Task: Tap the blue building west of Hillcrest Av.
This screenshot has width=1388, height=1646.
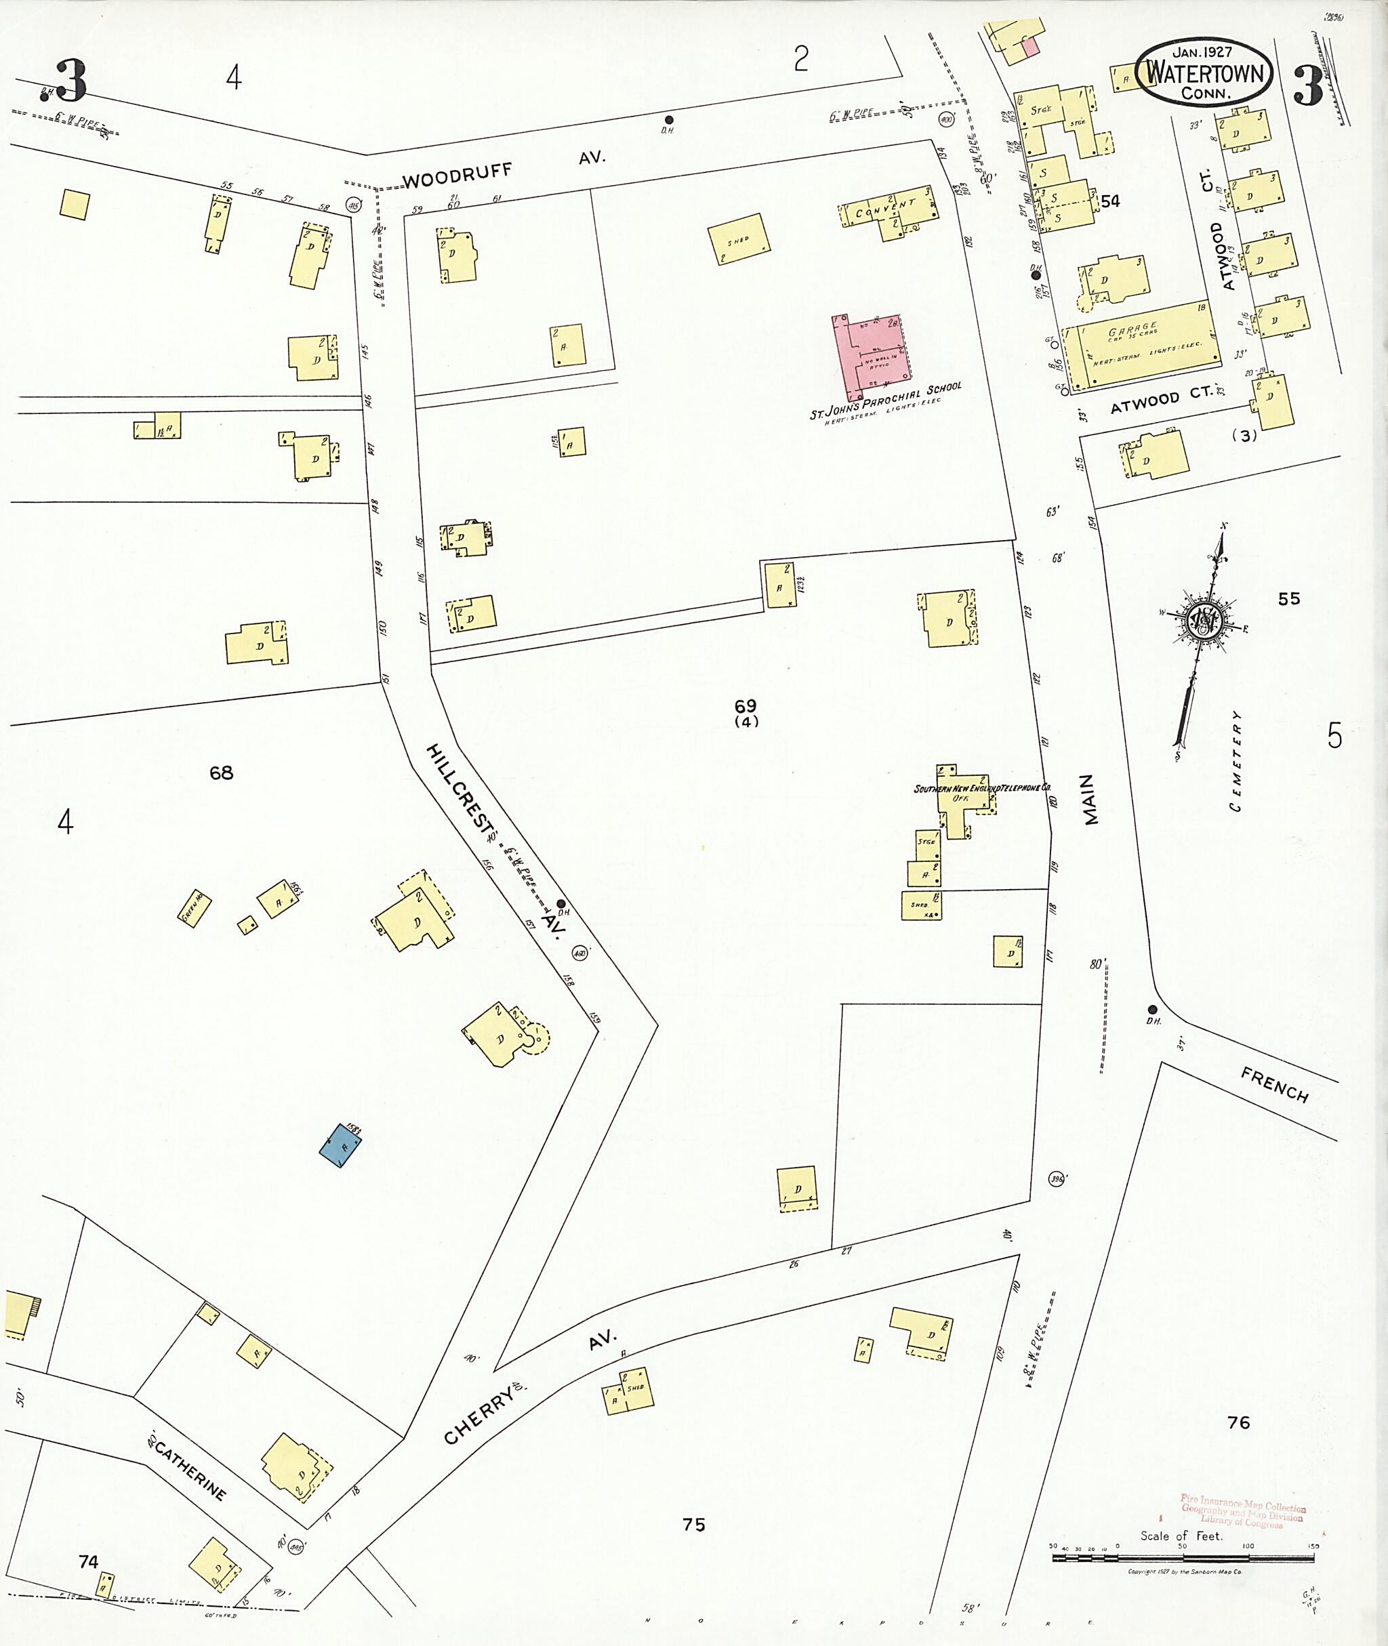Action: point(341,1145)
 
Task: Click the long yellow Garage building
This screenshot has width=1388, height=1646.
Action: point(1141,344)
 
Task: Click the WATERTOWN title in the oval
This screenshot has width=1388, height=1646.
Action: point(1204,73)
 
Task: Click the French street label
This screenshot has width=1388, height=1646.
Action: point(1274,1085)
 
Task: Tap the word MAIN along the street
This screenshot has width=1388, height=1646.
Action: point(1089,799)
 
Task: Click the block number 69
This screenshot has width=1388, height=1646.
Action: point(745,705)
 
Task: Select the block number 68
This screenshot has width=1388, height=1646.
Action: point(221,773)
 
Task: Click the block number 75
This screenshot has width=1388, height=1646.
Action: point(693,1525)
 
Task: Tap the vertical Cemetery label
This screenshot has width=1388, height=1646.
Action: point(1236,760)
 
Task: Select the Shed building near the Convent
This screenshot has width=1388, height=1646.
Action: point(739,239)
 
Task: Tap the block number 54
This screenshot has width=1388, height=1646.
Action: point(1110,201)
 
